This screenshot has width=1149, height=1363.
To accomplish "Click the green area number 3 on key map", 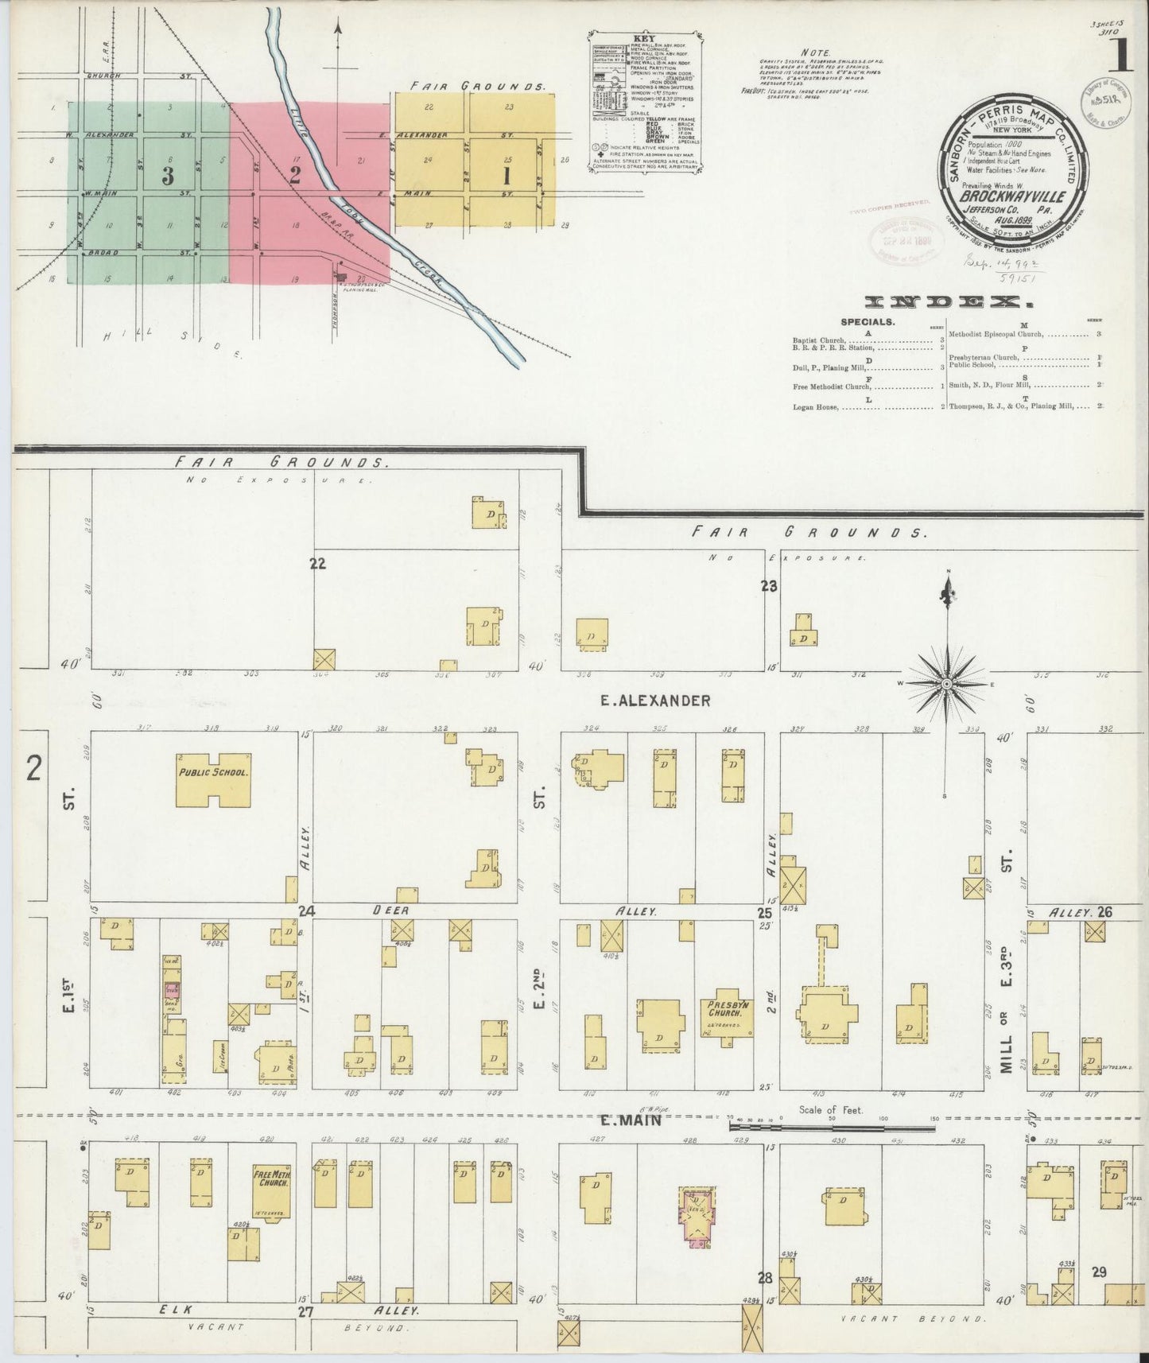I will [x=167, y=177].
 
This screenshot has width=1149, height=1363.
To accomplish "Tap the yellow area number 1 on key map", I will [x=505, y=177].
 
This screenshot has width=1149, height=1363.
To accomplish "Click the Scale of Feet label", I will [x=834, y=1111].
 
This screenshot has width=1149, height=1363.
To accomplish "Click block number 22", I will [x=318, y=564].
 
